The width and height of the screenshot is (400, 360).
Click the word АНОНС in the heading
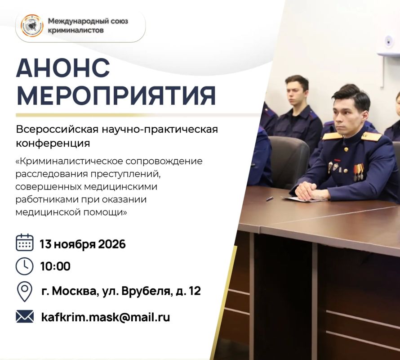coord(63,68)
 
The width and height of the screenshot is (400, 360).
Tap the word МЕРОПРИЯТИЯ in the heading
coord(116,96)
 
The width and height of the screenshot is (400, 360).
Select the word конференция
coord(53,143)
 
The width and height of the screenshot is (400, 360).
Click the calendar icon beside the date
coord(24,243)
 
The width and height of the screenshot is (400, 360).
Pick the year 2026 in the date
coord(112,244)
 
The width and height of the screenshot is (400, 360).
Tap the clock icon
coord(24,266)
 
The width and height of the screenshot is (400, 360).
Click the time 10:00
coord(55,266)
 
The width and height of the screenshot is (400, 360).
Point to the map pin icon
coord(24,292)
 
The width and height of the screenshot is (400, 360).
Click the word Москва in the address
coord(76,291)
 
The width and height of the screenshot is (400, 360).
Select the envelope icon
coord(24,316)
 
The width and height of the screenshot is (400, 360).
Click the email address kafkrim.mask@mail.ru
coord(105,317)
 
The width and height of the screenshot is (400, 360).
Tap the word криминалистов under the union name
coord(76,31)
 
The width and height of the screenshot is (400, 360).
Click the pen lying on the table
coord(270,198)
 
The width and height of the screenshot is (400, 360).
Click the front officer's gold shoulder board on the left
coord(332,135)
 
